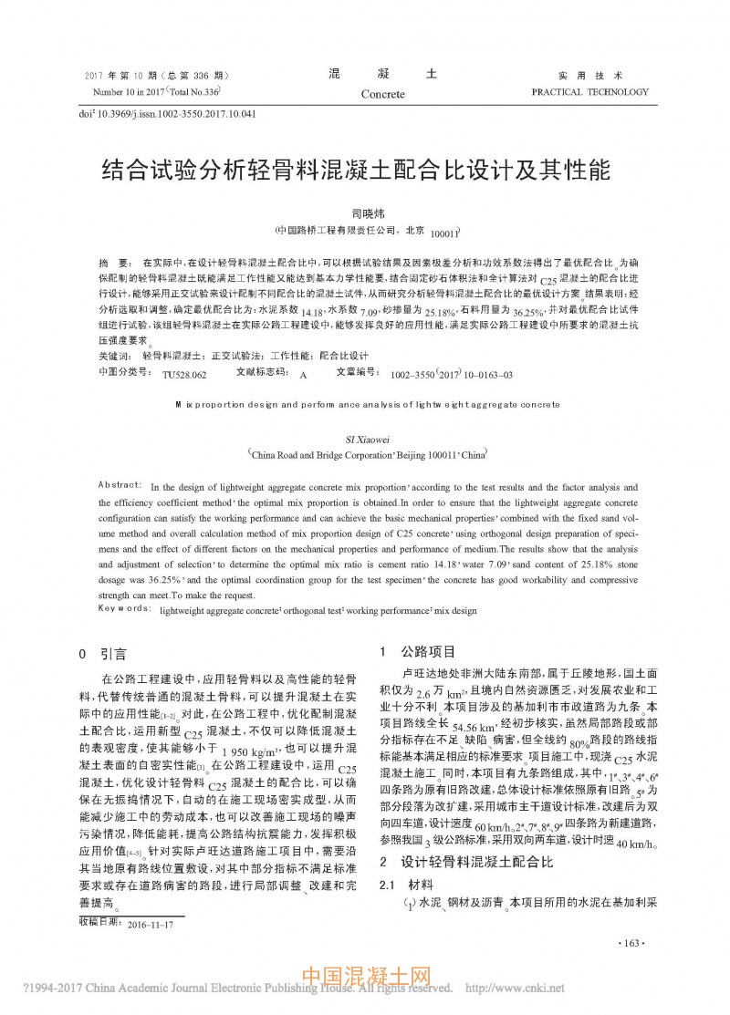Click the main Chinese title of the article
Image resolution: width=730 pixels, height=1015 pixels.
point(364,171)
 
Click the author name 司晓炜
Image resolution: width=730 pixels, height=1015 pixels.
point(364,212)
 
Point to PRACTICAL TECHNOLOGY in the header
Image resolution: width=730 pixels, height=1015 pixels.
point(589,92)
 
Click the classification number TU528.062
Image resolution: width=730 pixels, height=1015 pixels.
point(184,374)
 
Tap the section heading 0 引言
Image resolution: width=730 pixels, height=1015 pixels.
point(108,654)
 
